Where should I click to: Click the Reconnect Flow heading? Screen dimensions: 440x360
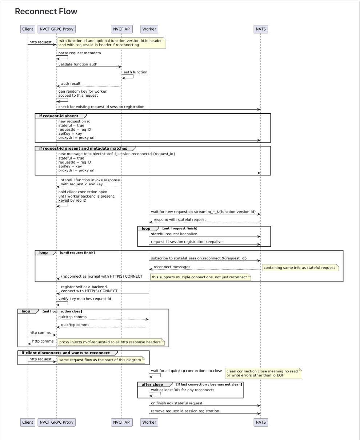click(46, 12)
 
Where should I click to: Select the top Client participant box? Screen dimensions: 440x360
click(28, 29)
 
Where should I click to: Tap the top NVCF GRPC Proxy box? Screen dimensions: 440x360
click(56, 29)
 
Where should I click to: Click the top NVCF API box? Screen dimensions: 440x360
click(121, 29)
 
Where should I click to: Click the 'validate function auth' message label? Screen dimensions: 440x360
click(78, 64)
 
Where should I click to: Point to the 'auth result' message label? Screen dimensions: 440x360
click(71, 84)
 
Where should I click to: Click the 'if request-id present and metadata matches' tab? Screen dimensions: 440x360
click(83, 148)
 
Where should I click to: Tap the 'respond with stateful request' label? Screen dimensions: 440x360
click(180, 219)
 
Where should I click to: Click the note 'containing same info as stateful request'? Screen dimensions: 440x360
click(300, 268)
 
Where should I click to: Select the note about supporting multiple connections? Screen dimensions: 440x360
click(200, 277)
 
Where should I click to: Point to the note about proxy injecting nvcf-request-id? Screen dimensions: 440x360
click(111, 342)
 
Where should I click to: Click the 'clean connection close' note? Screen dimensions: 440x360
click(264, 373)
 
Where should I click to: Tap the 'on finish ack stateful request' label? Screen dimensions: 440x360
click(176, 403)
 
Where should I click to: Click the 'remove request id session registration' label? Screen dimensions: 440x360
click(185, 411)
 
